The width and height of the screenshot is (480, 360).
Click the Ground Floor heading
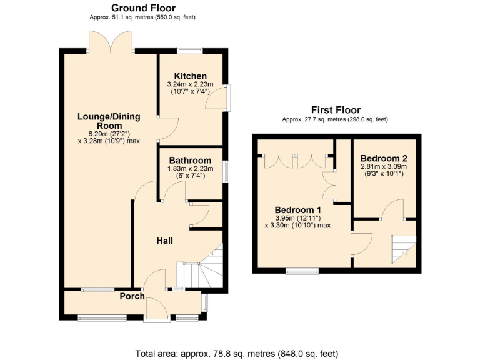[143, 7]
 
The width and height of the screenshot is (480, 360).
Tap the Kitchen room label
[190, 76]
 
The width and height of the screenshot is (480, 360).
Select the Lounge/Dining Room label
[109, 121]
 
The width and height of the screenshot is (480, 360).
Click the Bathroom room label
[190, 161]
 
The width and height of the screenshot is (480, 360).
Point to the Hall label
[165, 241]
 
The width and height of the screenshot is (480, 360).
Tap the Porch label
[132, 296]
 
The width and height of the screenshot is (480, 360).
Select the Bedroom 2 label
[384, 157]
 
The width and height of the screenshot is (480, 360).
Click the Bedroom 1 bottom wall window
[302, 271]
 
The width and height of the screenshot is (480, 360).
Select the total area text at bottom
[237, 353]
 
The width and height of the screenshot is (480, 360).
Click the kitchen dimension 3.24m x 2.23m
[190, 84]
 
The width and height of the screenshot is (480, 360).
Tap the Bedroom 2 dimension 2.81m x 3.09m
[384, 166]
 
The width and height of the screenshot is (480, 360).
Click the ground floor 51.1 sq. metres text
[143, 17]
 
